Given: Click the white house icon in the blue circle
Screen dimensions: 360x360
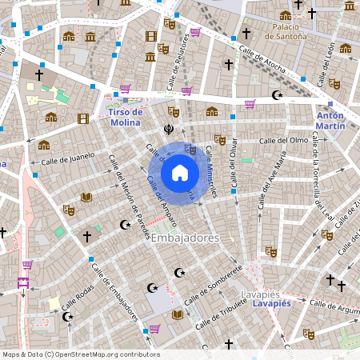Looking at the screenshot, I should (x=180, y=173).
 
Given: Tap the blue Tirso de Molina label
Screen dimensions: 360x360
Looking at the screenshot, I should (x=124, y=118).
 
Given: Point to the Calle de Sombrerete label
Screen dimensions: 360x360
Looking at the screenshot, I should (x=213, y=284).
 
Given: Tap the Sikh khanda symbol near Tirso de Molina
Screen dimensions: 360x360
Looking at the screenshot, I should (x=169, y=127).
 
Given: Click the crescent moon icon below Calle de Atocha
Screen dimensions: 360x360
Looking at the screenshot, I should (x=278, y=95).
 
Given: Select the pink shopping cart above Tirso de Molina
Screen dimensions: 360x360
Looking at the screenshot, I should (x=125, y=90).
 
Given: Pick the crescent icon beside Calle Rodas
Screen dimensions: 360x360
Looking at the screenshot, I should (x=68, y=317).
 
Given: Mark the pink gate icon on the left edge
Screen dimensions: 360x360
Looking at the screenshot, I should (x=22, y=283).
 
